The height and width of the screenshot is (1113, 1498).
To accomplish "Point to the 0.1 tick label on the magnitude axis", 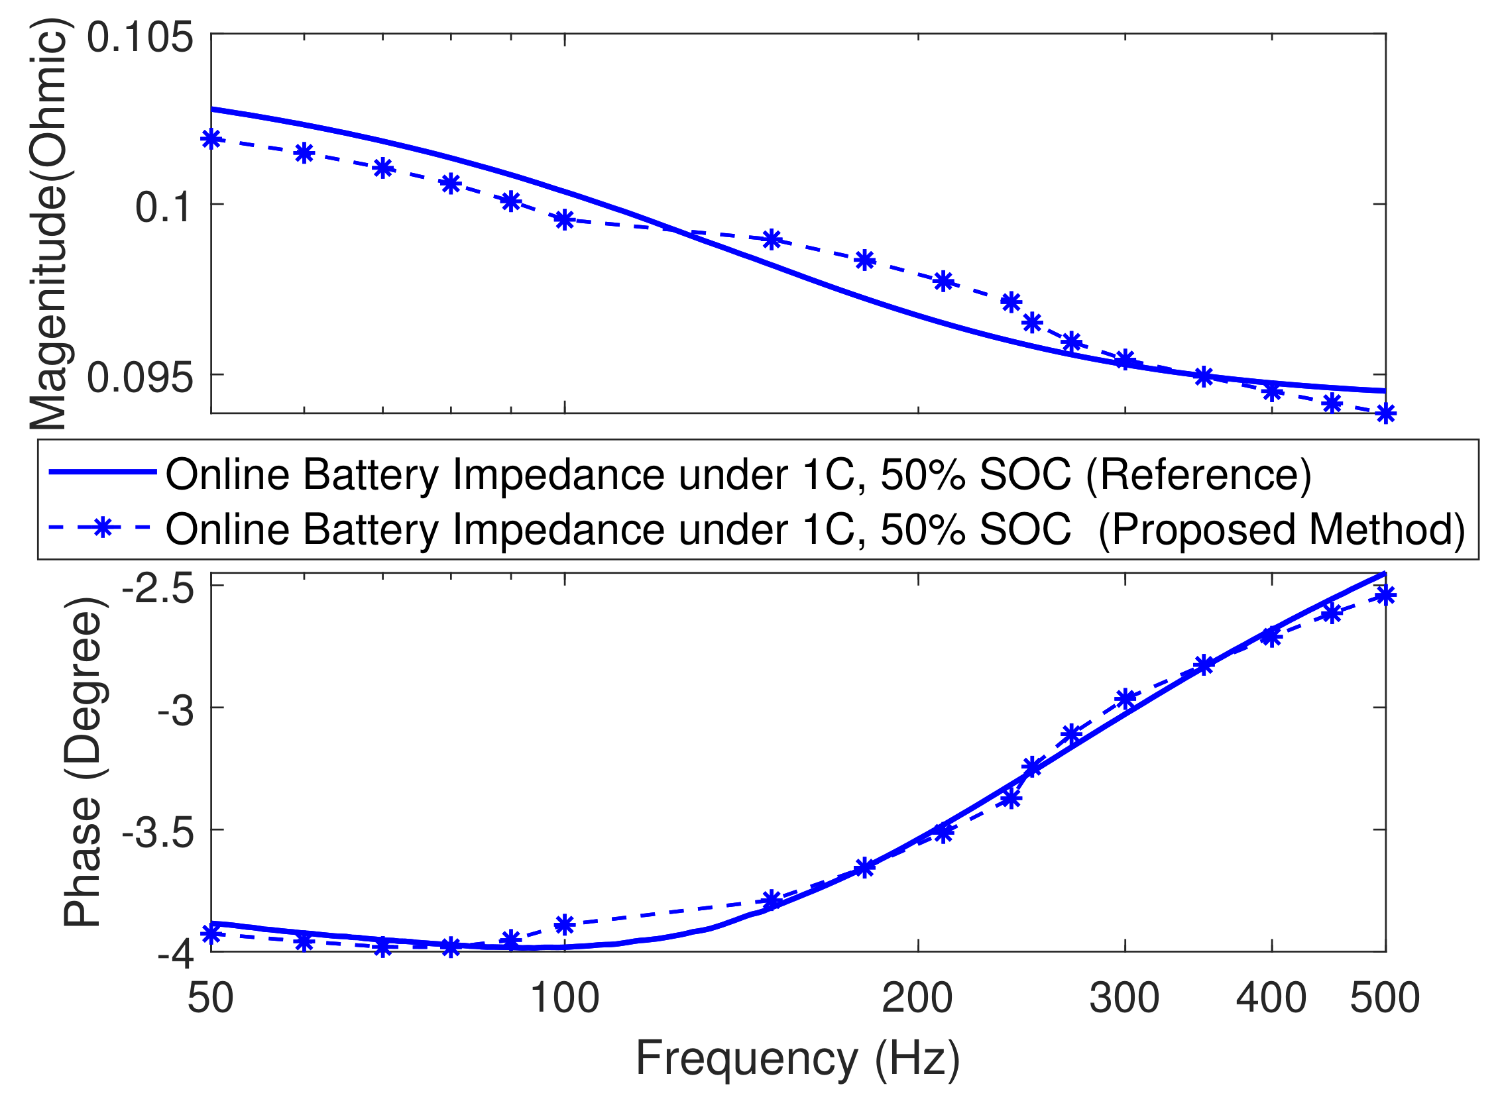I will (x=164, y=207).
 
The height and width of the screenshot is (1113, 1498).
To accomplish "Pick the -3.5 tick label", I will (x=157, y=833).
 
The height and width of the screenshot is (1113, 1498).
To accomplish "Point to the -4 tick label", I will (x=175, y=955).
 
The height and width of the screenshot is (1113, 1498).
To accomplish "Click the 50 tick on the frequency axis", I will (x=210, y=998).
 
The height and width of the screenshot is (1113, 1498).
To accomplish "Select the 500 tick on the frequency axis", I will (x=1384, y=998).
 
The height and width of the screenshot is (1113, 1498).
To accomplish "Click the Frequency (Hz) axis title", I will (x=797, y=1059).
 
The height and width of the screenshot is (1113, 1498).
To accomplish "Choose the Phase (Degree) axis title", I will (x=82, y=761).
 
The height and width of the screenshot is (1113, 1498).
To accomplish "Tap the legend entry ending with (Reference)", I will (x=738, y=474).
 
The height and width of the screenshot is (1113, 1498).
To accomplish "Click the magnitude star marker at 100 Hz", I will (x=565, y=220).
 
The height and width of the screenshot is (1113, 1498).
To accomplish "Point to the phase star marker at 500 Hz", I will (x=1385, y=595).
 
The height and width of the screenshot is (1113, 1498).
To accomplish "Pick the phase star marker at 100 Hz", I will (x=565, y=924).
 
